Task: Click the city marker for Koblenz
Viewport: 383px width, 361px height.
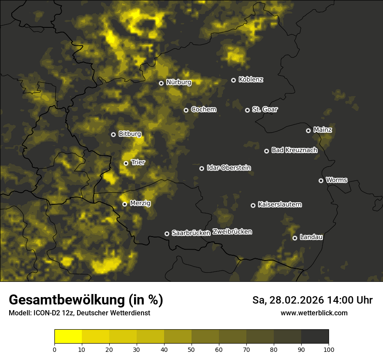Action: tap(233, 80)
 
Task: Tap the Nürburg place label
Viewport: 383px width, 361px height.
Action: tap(178, 82)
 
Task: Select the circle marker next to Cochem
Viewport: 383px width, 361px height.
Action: tap(186, 110)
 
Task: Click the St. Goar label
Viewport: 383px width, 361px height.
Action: tap(265, 109)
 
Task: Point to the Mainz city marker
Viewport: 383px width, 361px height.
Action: tap(308, 130)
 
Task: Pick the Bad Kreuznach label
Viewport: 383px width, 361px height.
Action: tap(294, 150)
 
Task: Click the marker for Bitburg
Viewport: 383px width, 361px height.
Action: tap(113, 134)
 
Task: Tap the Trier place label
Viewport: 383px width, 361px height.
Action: tap(138, 162)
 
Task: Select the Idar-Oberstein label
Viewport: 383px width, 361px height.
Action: tap(228, 167)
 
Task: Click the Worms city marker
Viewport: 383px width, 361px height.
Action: tap(321, 180)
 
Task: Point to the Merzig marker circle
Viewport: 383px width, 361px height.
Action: tap(124, 204)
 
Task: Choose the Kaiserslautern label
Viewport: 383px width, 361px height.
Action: tap(279, 204)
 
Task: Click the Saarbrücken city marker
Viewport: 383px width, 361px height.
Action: tap(167, 234)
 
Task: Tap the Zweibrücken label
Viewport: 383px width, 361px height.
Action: tap(232, 232)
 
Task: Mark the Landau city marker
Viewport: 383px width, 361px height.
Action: tap(295, 238)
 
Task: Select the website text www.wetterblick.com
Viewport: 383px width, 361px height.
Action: tap(314, 313)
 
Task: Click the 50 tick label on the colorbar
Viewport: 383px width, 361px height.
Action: tap(191, 349)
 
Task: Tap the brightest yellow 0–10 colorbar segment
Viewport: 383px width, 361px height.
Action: tap(68, 337)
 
